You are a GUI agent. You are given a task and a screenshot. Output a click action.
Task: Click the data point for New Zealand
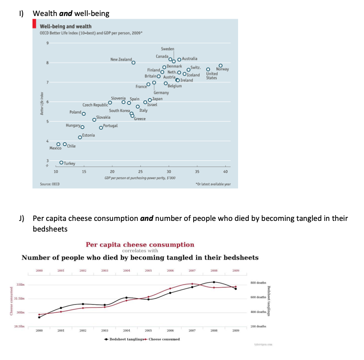tap(133, 63)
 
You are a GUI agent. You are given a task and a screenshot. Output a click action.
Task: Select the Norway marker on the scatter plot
tap(220, 66)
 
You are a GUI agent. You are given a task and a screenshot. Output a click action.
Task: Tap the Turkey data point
tap(61, 163)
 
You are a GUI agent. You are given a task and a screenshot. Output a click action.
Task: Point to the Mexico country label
tap(55, 148)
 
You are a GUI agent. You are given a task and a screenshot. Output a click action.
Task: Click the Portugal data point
tap(101, 127)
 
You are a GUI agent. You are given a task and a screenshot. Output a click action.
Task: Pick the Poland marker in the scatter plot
tap(83, 114)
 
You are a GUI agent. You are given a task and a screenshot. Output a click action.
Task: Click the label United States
tap(212, 76)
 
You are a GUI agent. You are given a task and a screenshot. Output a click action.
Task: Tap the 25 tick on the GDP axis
tap(140, 172)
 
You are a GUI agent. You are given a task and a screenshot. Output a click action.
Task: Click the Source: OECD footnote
tap(50, 184)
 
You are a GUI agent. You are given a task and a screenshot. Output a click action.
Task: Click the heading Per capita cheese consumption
tap(140, 244)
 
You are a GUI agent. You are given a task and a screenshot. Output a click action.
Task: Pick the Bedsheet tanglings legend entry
tap(125, 339)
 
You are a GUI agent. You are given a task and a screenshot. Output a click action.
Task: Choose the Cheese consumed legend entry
tap(162, 339)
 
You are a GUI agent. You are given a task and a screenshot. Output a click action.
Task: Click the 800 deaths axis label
tap(258, 283)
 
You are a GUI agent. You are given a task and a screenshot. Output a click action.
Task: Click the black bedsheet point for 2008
tap(214, 282)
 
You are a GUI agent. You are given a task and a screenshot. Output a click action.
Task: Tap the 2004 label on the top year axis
tap(126, 270)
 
